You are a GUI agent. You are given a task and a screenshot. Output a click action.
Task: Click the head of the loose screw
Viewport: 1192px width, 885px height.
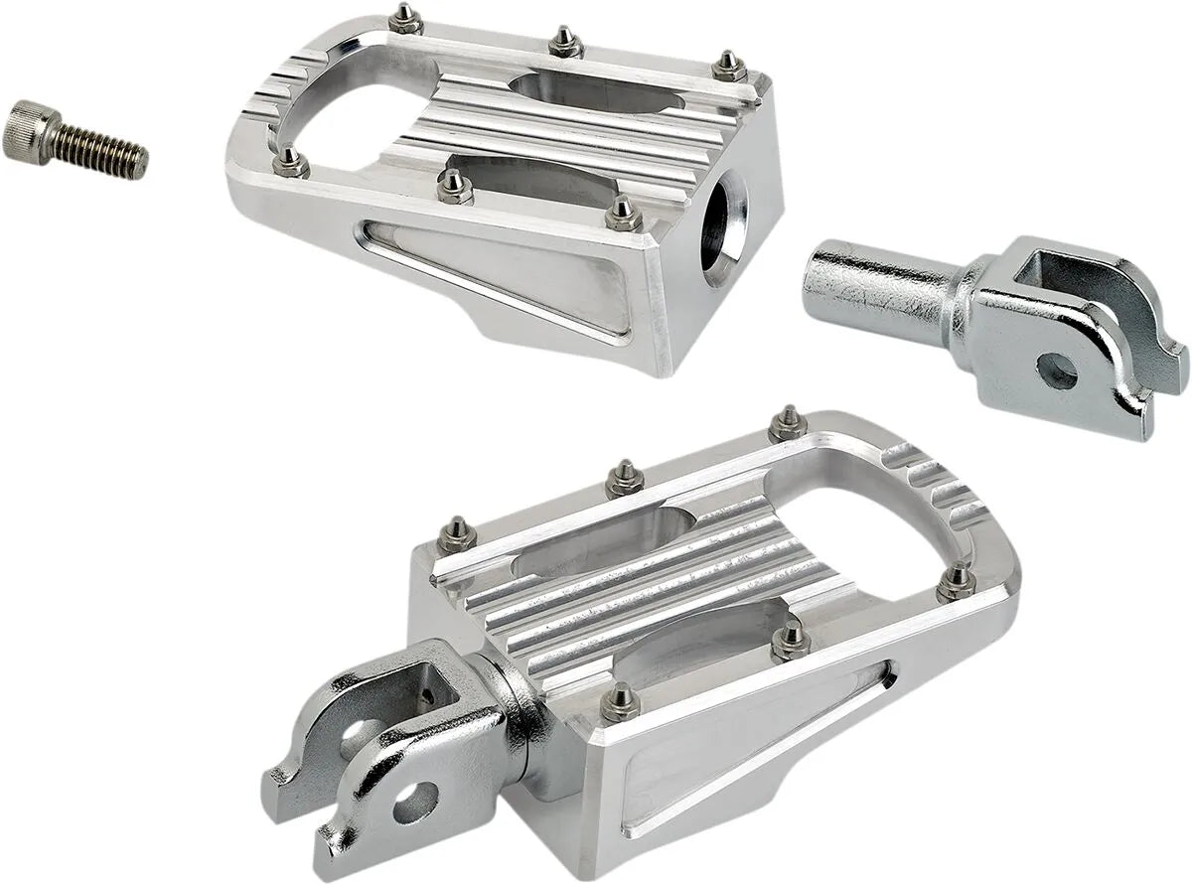pyautogui.click(x=28, y=130)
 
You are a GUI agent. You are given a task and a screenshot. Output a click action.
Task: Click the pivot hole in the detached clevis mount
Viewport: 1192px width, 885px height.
pyautogui.click(x=1056, y=371)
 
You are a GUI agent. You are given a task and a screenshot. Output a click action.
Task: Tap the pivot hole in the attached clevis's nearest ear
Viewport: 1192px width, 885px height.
pyautogui.click(x=415, y=801)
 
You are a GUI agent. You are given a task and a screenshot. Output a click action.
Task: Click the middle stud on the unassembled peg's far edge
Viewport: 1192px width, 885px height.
pyautogui.click(x=565, y=41)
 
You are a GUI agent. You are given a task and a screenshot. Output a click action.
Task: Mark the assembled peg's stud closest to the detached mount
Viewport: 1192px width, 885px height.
pyautogui.click(x=788, y=422)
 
